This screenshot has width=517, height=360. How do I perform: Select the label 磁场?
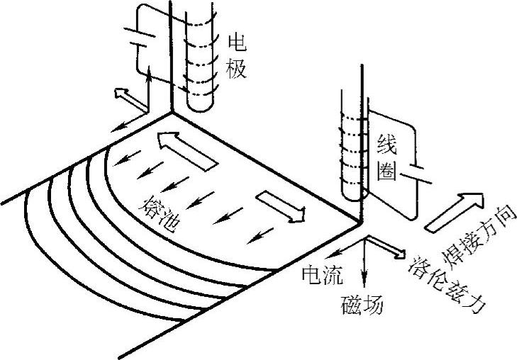click(362, 305)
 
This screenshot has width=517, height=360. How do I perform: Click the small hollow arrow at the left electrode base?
click(125, 96)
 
